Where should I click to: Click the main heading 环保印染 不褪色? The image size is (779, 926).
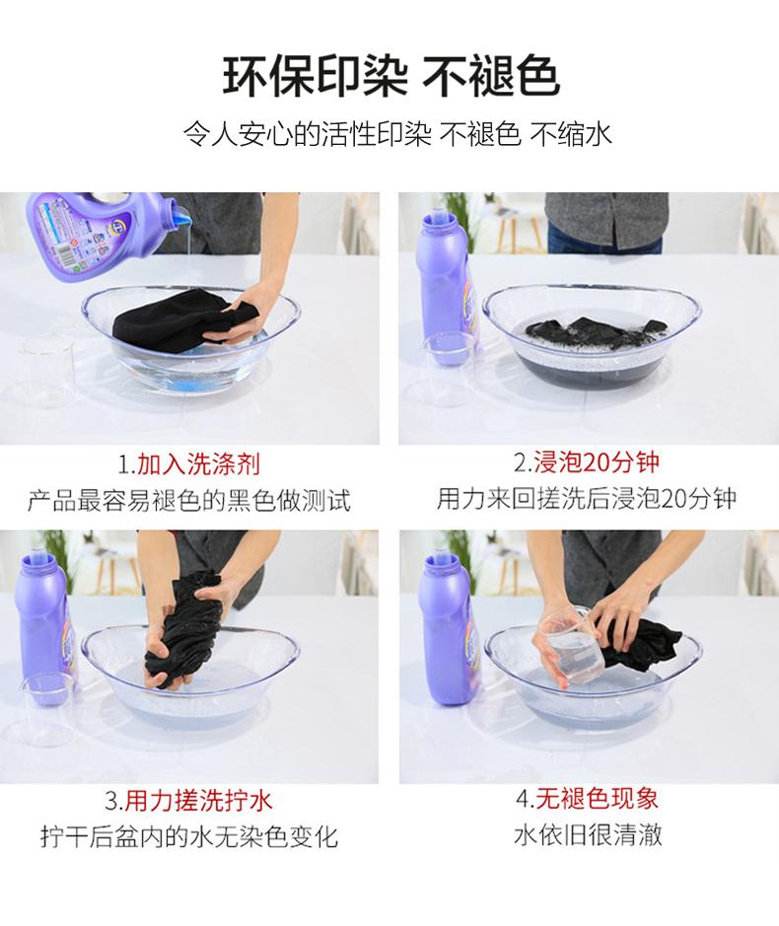(x=390, y=77)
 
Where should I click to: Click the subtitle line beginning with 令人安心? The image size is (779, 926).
(x=396, y=134)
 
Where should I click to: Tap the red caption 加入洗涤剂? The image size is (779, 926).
(x=198, y=464)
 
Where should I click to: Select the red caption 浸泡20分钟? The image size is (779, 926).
(x=597, y=462)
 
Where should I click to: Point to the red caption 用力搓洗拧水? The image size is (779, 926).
(x=198, y=800)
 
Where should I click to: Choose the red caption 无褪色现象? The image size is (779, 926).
(x=597, y=799)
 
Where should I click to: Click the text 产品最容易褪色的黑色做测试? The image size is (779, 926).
(x=189, y=500)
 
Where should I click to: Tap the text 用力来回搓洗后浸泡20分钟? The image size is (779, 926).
(x=587, y=498)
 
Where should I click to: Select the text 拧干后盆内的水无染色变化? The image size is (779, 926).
(x=189, y=836)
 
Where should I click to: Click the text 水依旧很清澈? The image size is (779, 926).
(x=589, y=834)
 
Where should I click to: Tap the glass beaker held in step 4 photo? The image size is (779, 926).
(x=572, y=647)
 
